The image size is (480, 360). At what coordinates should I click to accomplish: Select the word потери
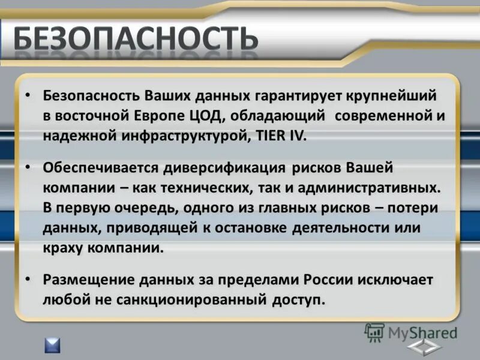tap(415, 208)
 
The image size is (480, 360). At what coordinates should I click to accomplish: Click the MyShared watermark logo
tap(411, 332)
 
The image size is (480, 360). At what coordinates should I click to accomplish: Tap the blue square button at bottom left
tap(52, 345)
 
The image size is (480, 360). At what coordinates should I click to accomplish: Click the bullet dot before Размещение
tap(28, 280)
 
